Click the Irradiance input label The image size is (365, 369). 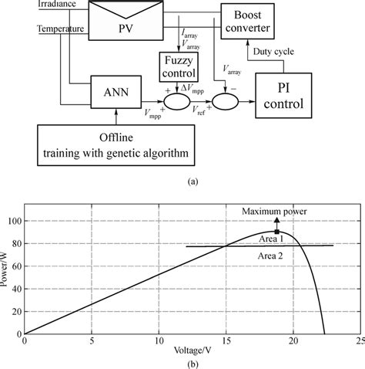click(55, 5)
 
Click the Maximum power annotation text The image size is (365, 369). click(276, 211)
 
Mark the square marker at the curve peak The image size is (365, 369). click(276, 230)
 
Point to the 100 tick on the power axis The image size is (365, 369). click(16, 222)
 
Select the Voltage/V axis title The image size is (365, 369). click(193, 349)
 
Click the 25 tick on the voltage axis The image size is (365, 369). click(359, 340)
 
